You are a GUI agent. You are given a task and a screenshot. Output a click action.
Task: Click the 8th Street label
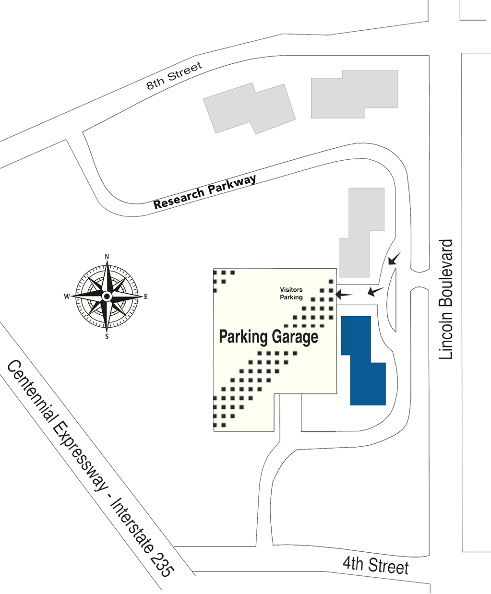tap(174, 76)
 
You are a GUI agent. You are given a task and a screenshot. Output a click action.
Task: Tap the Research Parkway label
tap(204, 191)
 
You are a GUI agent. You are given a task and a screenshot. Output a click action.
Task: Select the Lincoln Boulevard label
tap(445, 299)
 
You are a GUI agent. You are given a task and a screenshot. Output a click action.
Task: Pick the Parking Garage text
tap(268, 337)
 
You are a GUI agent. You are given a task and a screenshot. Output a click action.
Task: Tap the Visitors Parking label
tap(291, 293)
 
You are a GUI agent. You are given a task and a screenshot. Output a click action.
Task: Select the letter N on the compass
tap(107, 257)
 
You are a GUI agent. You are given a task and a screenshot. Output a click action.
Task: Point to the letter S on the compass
tap(107, 337)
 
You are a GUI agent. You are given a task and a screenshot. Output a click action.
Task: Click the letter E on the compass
tap(146, 297)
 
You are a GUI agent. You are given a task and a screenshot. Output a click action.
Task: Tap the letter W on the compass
tap(67, 297)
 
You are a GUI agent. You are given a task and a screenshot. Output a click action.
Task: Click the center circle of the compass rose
tap(107, 297)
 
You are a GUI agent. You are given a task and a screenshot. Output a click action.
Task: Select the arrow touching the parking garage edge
tap(344, 295)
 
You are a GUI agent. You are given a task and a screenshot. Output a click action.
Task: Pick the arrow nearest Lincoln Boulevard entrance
tap(395, 258)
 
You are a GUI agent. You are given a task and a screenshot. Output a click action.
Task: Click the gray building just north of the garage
tap(362, 232)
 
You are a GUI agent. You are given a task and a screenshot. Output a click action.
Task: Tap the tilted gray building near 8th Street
tap(250, 108)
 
